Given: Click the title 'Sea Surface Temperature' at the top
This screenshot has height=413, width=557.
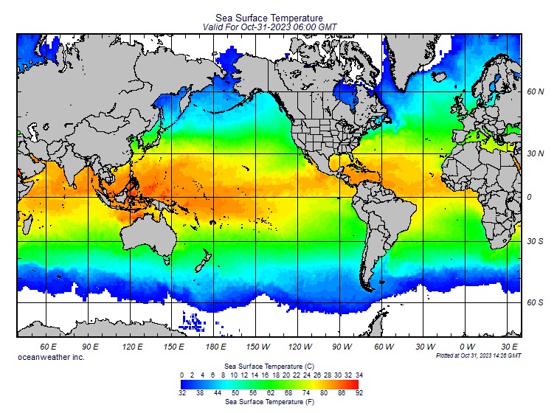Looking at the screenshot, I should pyautogui.click(x=269, y=18).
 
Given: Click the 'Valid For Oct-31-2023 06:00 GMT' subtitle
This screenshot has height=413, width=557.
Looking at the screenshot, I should pyautogui.click(x=269, y=27).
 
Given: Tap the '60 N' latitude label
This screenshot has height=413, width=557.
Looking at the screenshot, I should pyautogui.click(x=536, y=92).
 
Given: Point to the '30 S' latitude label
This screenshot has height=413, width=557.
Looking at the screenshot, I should pyautogui.click(x=536, y=241).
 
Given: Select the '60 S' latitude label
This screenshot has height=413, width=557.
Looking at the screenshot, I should pyautogui.click(x=536, y=302).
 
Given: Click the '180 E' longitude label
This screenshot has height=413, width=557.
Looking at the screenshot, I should pyautogui.click(x=215, y=346).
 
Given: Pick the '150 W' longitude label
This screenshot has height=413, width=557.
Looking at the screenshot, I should pyautogui.click(x=257, y=346).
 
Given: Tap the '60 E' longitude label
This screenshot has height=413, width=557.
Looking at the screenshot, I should pyautogui.click(x=49, y=346).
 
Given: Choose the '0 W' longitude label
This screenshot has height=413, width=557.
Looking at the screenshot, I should pyautogui.click(x=467, y=346).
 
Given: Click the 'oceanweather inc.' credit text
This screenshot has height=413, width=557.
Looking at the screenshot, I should pyautogui.click(x=51, y=357).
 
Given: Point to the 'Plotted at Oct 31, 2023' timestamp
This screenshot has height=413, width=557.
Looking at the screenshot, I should pyautogui.click(x=478, y=355).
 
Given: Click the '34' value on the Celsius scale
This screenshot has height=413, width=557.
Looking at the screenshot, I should pyautogui.click(x=359, y=375).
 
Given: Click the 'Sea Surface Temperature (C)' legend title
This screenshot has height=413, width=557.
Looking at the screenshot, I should pyautogui.click(x=269, y=366).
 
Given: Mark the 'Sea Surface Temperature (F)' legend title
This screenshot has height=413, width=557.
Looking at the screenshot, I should pyautogui.click(x=269, y=403).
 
